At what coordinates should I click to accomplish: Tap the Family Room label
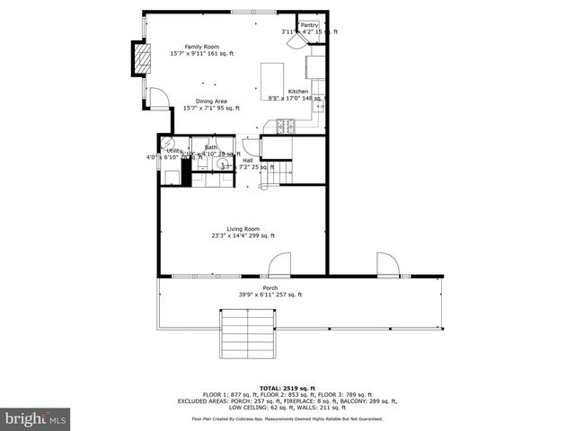point(202,47)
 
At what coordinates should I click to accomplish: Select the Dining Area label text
point(205,101)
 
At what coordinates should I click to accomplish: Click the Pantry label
point(309,25)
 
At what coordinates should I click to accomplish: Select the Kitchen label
point(297,92)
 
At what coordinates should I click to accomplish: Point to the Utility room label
point(174,151)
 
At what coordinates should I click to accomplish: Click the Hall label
point(247,160)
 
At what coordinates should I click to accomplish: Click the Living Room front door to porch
point(279,264)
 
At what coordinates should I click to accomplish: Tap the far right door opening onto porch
point(387,265)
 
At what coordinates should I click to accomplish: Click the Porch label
point(270,288)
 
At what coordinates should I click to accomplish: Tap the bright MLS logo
point(34,418)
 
